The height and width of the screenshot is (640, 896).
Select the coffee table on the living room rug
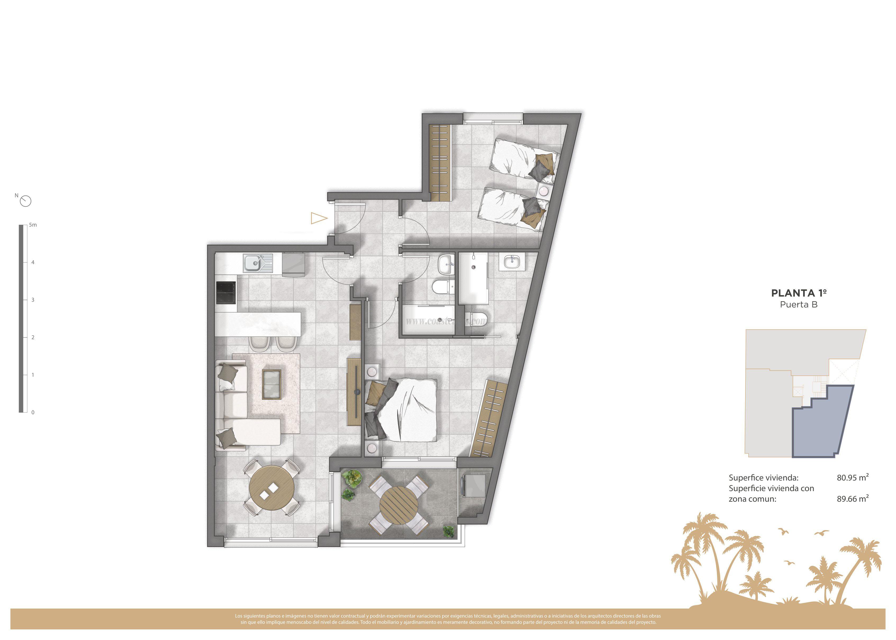(x=272, y=384)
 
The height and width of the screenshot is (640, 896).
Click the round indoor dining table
(x=272, y=488)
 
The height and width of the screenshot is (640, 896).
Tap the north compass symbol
(x=26, y=201)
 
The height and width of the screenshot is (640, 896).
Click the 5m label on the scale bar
(x=33, y=225)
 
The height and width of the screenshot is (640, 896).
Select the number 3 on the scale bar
(x=33, y=300)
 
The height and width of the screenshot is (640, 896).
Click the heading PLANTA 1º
(x=799, y=293)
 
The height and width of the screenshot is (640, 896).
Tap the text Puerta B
(x=799, y=305)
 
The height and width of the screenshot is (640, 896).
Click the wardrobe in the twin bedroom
(x=439, y=162)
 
